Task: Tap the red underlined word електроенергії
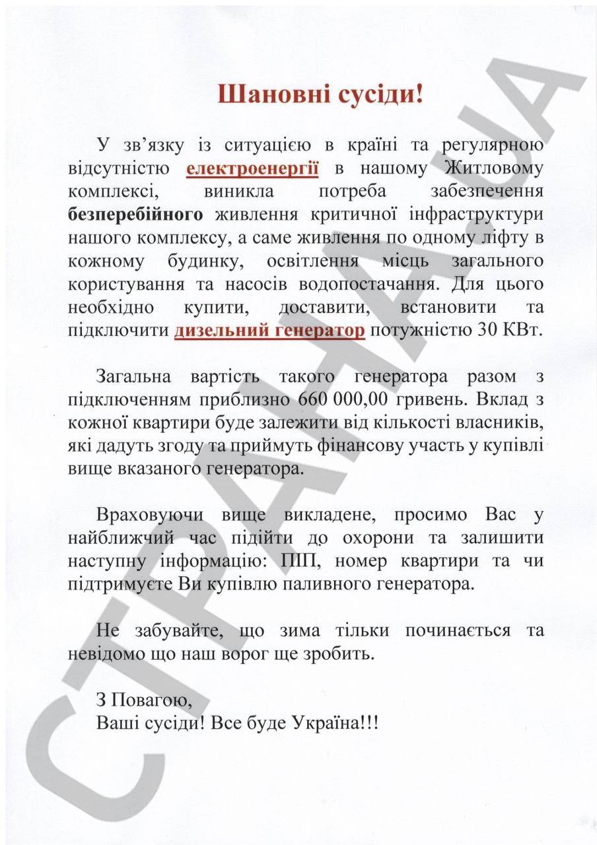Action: point(253,168)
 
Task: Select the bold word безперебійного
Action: point(135,215)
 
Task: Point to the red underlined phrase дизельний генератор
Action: point(269,330)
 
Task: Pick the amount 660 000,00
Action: point(343,399)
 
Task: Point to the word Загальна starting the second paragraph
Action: point(133,376)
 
